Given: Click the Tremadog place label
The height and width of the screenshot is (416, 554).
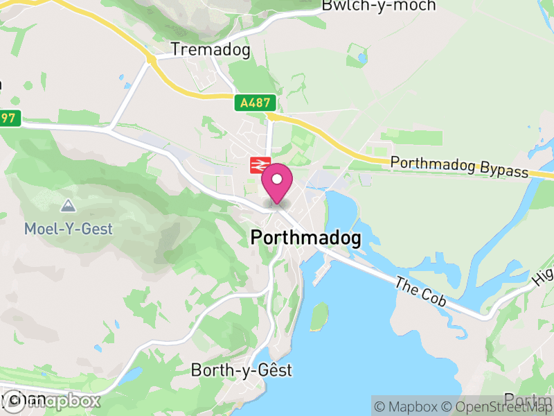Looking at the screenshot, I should [x=211, y=50].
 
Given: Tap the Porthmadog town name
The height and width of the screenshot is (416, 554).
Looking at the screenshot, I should [x=305, y=238].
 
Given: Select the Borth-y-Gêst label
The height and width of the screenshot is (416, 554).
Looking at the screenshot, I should [x=242, y=370].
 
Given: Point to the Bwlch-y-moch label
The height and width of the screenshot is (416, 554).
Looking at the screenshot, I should [x=379, y=6].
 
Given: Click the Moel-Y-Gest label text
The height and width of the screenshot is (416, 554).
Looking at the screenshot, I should [x=68, y=228].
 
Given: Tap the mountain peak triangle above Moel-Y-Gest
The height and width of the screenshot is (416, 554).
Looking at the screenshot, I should [x=68, y=205].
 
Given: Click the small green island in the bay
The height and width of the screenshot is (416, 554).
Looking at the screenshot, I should [x=319, y=316].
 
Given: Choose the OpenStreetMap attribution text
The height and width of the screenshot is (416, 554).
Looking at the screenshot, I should [x=497, y=406].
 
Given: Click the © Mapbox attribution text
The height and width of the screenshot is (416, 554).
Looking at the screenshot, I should [x=407, y=406].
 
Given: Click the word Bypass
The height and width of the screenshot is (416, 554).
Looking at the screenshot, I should [x=502, y=171].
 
